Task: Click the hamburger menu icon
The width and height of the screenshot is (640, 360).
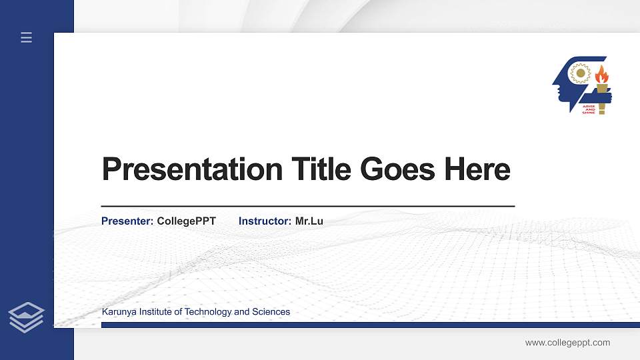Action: (27, 38)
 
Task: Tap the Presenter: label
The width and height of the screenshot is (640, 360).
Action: (127, 221)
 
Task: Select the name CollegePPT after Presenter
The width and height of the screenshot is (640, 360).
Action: (187, 221)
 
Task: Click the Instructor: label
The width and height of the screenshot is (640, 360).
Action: (265, 221)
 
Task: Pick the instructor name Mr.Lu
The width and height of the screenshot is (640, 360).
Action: (309, 221)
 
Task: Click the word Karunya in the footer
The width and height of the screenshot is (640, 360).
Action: (119, 312)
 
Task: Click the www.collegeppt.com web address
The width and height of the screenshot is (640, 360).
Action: (567, 343)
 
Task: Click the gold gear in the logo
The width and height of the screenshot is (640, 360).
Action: (581, 73)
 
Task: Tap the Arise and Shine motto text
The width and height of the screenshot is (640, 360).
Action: (589, 109)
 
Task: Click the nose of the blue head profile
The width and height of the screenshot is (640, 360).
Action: (554, 85)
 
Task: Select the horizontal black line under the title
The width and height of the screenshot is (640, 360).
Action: (307, 207)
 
